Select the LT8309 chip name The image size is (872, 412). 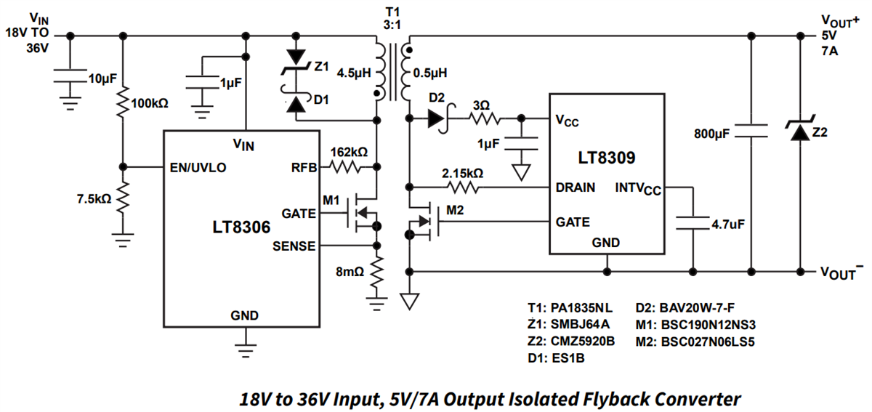[x=607, y=157]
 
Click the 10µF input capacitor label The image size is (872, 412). [x=102, y=78]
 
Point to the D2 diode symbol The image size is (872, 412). [x=437, y=118]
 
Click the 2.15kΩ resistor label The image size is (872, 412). [x=462, y=174]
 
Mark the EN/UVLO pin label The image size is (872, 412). [x=198, y=166]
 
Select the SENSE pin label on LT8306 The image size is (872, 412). [x=294, y=246]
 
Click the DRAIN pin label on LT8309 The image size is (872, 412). [x=576, y=187]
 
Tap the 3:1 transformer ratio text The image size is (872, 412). [x=392, y=25]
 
